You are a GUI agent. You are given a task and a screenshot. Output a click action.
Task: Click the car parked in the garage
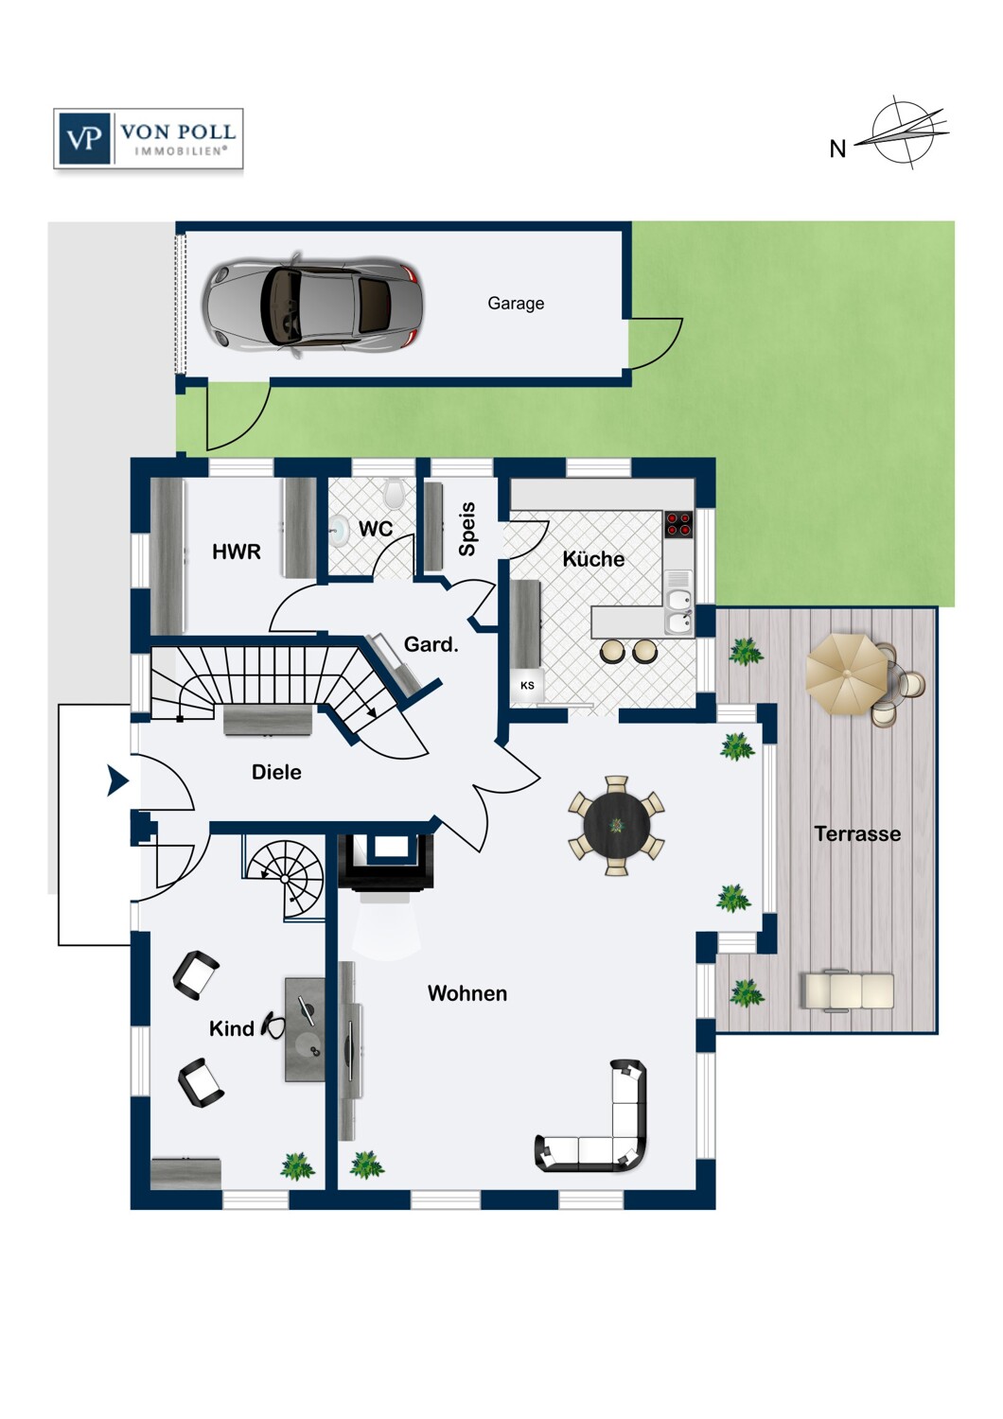click(x=312, y=306)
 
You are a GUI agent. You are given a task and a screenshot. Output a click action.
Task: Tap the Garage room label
click(x=515, y=304)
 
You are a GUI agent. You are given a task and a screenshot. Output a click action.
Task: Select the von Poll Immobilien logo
click(x=149, y=138)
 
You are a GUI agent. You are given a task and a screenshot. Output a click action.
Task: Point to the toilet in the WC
click(x=395, y=492)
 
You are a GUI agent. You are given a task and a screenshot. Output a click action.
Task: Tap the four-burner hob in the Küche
click(x=678, y=524)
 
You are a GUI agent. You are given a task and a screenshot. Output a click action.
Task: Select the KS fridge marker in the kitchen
click(x=526, y=685)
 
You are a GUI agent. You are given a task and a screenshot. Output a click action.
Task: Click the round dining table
click(x=616, y=825)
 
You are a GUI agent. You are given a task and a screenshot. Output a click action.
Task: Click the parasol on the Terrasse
click(x=847, y=674)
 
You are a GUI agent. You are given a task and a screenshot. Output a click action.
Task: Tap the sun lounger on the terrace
click(x=847, y=991)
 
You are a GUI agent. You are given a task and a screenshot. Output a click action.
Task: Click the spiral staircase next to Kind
click(x=285, y=879)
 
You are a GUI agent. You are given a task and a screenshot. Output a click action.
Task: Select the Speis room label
click(x=467, y=530)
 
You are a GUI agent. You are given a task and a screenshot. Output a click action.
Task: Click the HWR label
click(x=237, y=552)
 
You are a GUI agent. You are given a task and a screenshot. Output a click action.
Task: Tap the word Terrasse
click(x=857, y=833)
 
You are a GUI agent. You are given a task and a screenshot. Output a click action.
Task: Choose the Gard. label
click(x=431, y=645)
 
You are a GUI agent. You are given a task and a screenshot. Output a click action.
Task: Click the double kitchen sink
click(x=678, y=611)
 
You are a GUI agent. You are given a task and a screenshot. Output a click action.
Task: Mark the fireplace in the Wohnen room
click(x=386, y=863)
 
